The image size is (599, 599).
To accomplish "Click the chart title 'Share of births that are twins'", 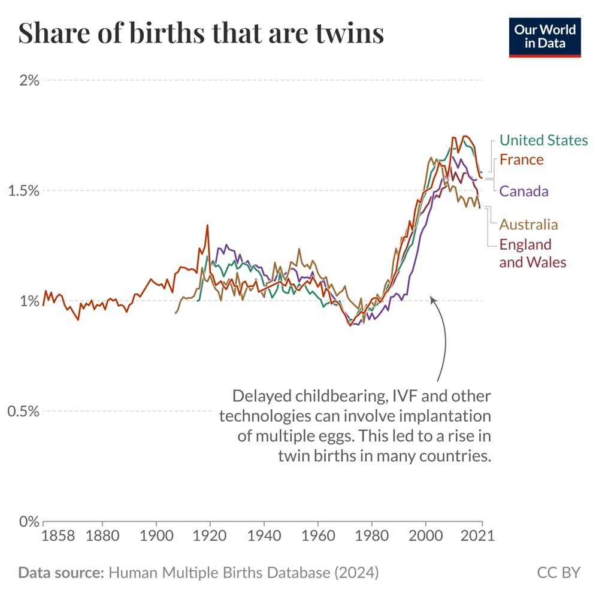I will coord(201,34).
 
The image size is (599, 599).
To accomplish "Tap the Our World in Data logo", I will coord(544,37).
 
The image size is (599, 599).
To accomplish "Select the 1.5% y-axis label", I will coord(23,190).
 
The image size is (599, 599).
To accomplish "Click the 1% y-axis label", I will coord(29,301).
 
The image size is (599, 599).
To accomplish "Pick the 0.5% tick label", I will coord(23,411).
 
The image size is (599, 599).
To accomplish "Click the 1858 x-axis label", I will coord(59,535).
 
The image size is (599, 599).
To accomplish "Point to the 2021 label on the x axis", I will coord(480,535).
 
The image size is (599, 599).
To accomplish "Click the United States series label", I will coord(543,140).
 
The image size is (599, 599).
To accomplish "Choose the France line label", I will coord(521,159).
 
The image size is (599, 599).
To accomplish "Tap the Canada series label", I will coord(524,191).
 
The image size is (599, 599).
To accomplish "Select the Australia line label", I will coord(528,225).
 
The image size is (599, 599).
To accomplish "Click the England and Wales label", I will coord(532,253).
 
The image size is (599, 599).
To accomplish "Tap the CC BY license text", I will coord(558,572).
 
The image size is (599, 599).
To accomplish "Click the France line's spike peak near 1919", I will coord(207,226).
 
